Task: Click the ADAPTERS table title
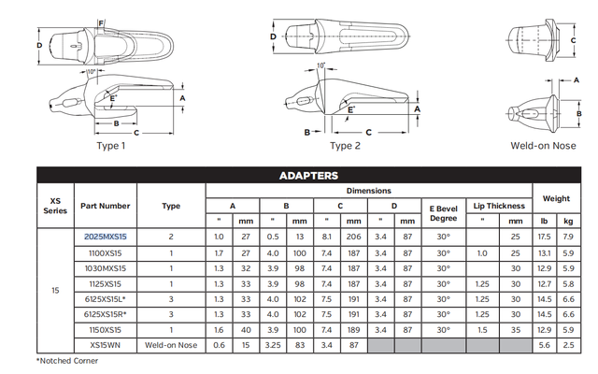[x=307, y=175]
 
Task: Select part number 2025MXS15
[x=105, y=237]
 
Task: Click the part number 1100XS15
[x=105, y=252]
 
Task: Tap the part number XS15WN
[x=105, y=344]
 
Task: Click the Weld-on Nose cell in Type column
[x=171, y=344]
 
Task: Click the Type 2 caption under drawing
[x=345, y=146]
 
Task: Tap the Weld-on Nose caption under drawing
[x=542, y=146]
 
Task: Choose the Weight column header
[x=556, y=198]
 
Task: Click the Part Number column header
[x=105, y=206]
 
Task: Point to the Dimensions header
[x=369, y=190]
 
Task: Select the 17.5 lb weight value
[x=544, y=237]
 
